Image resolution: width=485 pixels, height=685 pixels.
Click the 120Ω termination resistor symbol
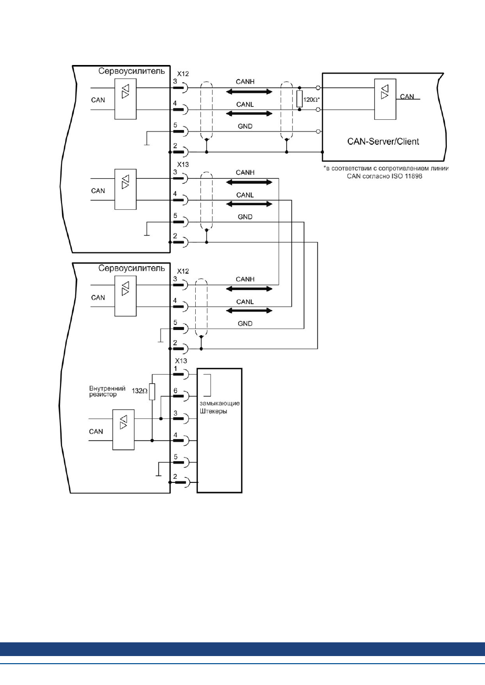(299, 99)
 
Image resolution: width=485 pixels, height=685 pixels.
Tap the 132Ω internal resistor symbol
(152, 392)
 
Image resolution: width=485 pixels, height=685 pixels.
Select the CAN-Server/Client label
(383, 142)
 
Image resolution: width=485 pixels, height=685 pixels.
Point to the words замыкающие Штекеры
(220, 407)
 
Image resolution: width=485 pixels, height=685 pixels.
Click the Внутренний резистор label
(107, 392)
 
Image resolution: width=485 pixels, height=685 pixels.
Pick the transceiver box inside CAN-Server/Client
(385, 99)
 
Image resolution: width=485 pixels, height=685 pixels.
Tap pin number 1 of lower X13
(175, 369)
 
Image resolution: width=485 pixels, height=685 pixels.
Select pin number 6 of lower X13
(175, 390)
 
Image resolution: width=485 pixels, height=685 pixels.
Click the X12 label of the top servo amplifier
(183, 74)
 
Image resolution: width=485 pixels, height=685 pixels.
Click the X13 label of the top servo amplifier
(183, 165)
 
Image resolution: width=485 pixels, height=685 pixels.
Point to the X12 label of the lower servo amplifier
(183, 271)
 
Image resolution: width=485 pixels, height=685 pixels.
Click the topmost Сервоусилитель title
(131, 71)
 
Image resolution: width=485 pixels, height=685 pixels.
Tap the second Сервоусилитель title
(131, 268)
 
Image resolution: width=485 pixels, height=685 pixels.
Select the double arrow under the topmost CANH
(249, 92)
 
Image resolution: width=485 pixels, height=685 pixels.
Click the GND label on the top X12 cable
(245, 126)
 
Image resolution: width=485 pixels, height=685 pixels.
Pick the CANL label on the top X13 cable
(245, 195)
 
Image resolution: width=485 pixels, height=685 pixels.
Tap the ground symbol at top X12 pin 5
(147, 138)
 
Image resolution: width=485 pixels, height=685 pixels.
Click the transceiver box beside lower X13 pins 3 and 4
(124, 430)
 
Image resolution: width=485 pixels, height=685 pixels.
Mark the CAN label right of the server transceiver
(407, 96)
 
